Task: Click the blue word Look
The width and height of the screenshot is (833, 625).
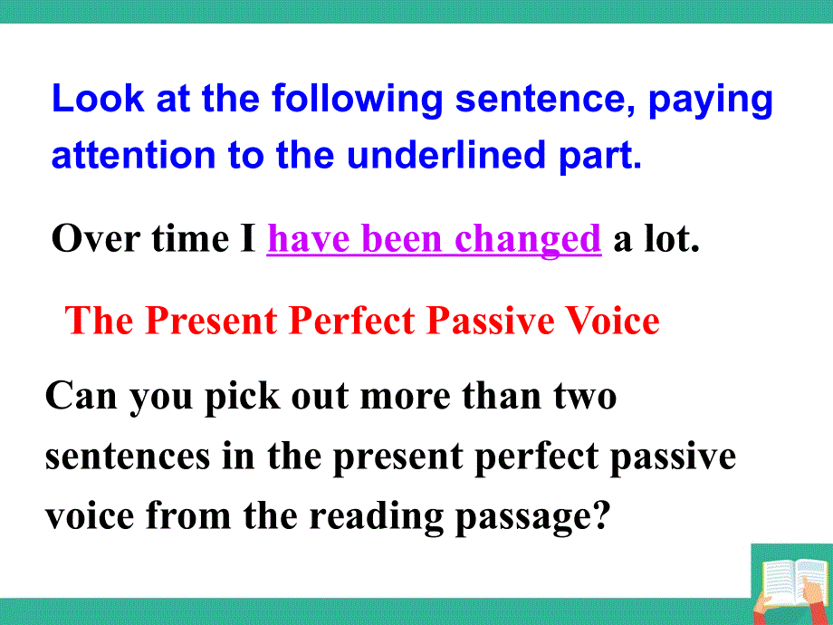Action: pos(97,99)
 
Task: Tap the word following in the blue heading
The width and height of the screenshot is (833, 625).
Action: pos(358,101)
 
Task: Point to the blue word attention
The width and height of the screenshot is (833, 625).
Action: pos(133,155)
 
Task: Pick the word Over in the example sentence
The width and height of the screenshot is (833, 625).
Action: pos(96,239)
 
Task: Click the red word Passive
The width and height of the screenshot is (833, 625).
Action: pos(491,321)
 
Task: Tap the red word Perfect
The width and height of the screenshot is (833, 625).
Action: pos(351,321)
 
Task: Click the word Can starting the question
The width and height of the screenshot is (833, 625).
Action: pos(81,397)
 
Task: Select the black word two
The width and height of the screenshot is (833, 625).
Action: pos(585,398)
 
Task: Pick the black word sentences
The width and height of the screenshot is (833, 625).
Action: pos(128,457)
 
